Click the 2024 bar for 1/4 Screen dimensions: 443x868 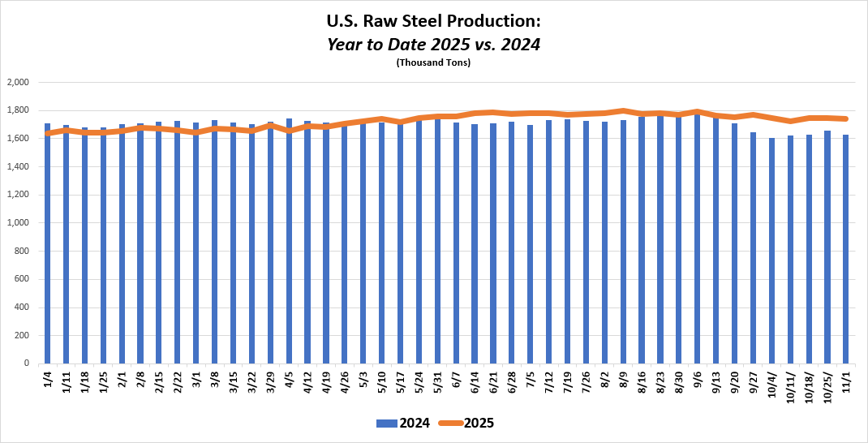tap(48, 243)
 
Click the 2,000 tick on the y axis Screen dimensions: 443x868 tap(17, 82)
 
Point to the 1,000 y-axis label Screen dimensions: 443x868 tap(17, 223)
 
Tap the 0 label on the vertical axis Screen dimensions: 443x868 tap(26, 363)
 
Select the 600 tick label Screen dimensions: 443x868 tap(21, 279)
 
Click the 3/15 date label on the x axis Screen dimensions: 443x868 tap(234, 381)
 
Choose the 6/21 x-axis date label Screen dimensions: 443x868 tap(493, 381)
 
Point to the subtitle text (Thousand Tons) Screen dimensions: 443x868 tap(433, 62)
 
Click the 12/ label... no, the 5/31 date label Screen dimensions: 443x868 tap(438, 381)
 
